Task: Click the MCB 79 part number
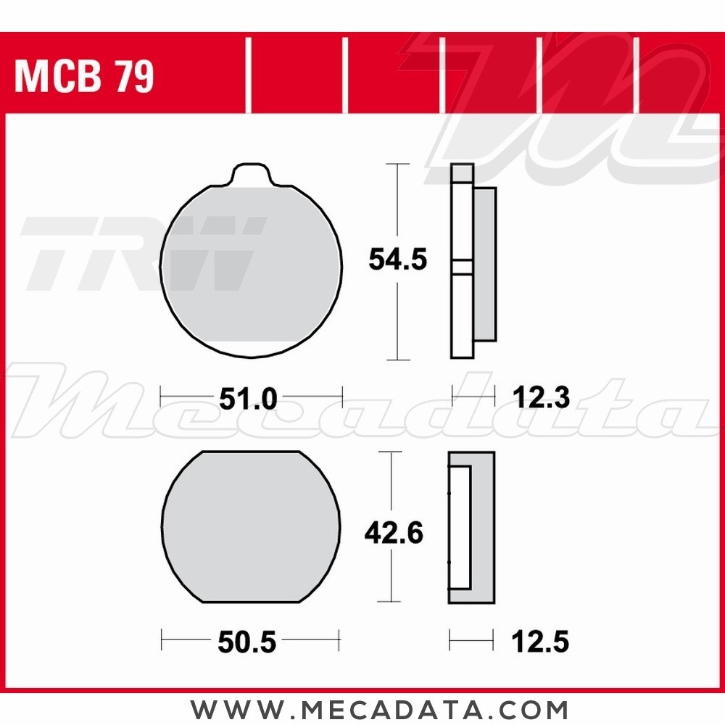click(x=84, y=77)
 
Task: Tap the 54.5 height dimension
click(x=397, y=259)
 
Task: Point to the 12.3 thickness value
click(x=540, y=397)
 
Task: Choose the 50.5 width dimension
click(x=246, y=642)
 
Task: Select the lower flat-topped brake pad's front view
click(x=250, y=527)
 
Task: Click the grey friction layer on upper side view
click(x=485, y=265)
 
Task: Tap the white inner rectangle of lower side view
click(x=460, y=527)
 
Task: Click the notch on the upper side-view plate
click(x=462, y=266)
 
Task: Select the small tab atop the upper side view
click(x=462, y=173)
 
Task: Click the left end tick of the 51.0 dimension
click(x=162, y=397)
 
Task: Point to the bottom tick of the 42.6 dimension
click(x=391, y=601)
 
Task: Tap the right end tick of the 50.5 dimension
click(x=339, y=641)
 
